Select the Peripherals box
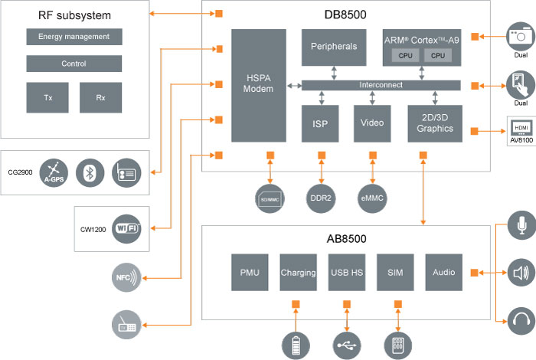(x=334, y=47)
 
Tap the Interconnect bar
(x=381, y=85)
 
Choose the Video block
(x=373, y=123)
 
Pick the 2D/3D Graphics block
(x=435, y=123)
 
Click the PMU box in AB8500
(x=250, y=273)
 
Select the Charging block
(x=299, y=273)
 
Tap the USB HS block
(x=348, y=273)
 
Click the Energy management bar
(x=74, y=37)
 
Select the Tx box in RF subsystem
(x=47, y=97)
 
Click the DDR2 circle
(x=320, y=197)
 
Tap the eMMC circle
(x=373, y=197)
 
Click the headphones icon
(x=521, y=319)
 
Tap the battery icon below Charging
(x=295, y=345)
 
